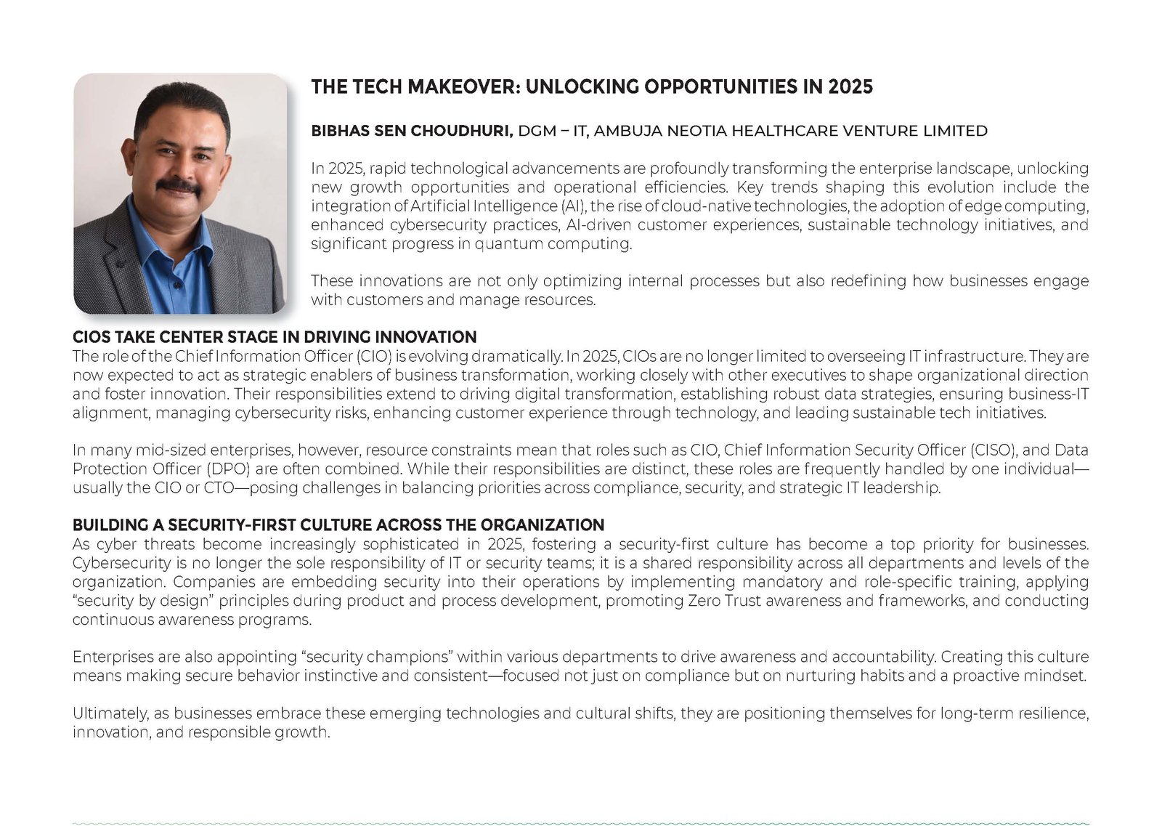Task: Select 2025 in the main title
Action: [850, 87]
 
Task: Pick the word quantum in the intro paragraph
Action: [502, 244]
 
